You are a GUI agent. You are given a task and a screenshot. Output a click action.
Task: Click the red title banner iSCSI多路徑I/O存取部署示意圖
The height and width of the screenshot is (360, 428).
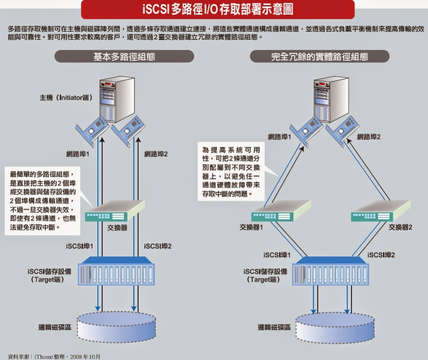coord(218,9)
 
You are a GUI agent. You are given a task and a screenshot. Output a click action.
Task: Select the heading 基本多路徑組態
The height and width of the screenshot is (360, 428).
coord(124,57)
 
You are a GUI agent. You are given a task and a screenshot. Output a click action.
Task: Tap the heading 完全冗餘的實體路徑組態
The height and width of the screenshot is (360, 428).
coord(319,57)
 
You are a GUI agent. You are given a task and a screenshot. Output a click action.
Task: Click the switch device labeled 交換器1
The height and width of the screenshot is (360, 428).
coord(280,211)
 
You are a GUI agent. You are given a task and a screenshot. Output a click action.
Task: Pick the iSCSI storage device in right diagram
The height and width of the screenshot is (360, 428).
coord(331,273)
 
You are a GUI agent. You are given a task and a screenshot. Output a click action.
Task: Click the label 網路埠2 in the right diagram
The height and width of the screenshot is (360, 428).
coord(369,137)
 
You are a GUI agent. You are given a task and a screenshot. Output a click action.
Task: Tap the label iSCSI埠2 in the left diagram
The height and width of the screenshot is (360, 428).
coord(158,246)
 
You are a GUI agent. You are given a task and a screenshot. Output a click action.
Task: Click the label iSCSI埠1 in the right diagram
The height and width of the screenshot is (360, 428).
coord(277,255)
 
